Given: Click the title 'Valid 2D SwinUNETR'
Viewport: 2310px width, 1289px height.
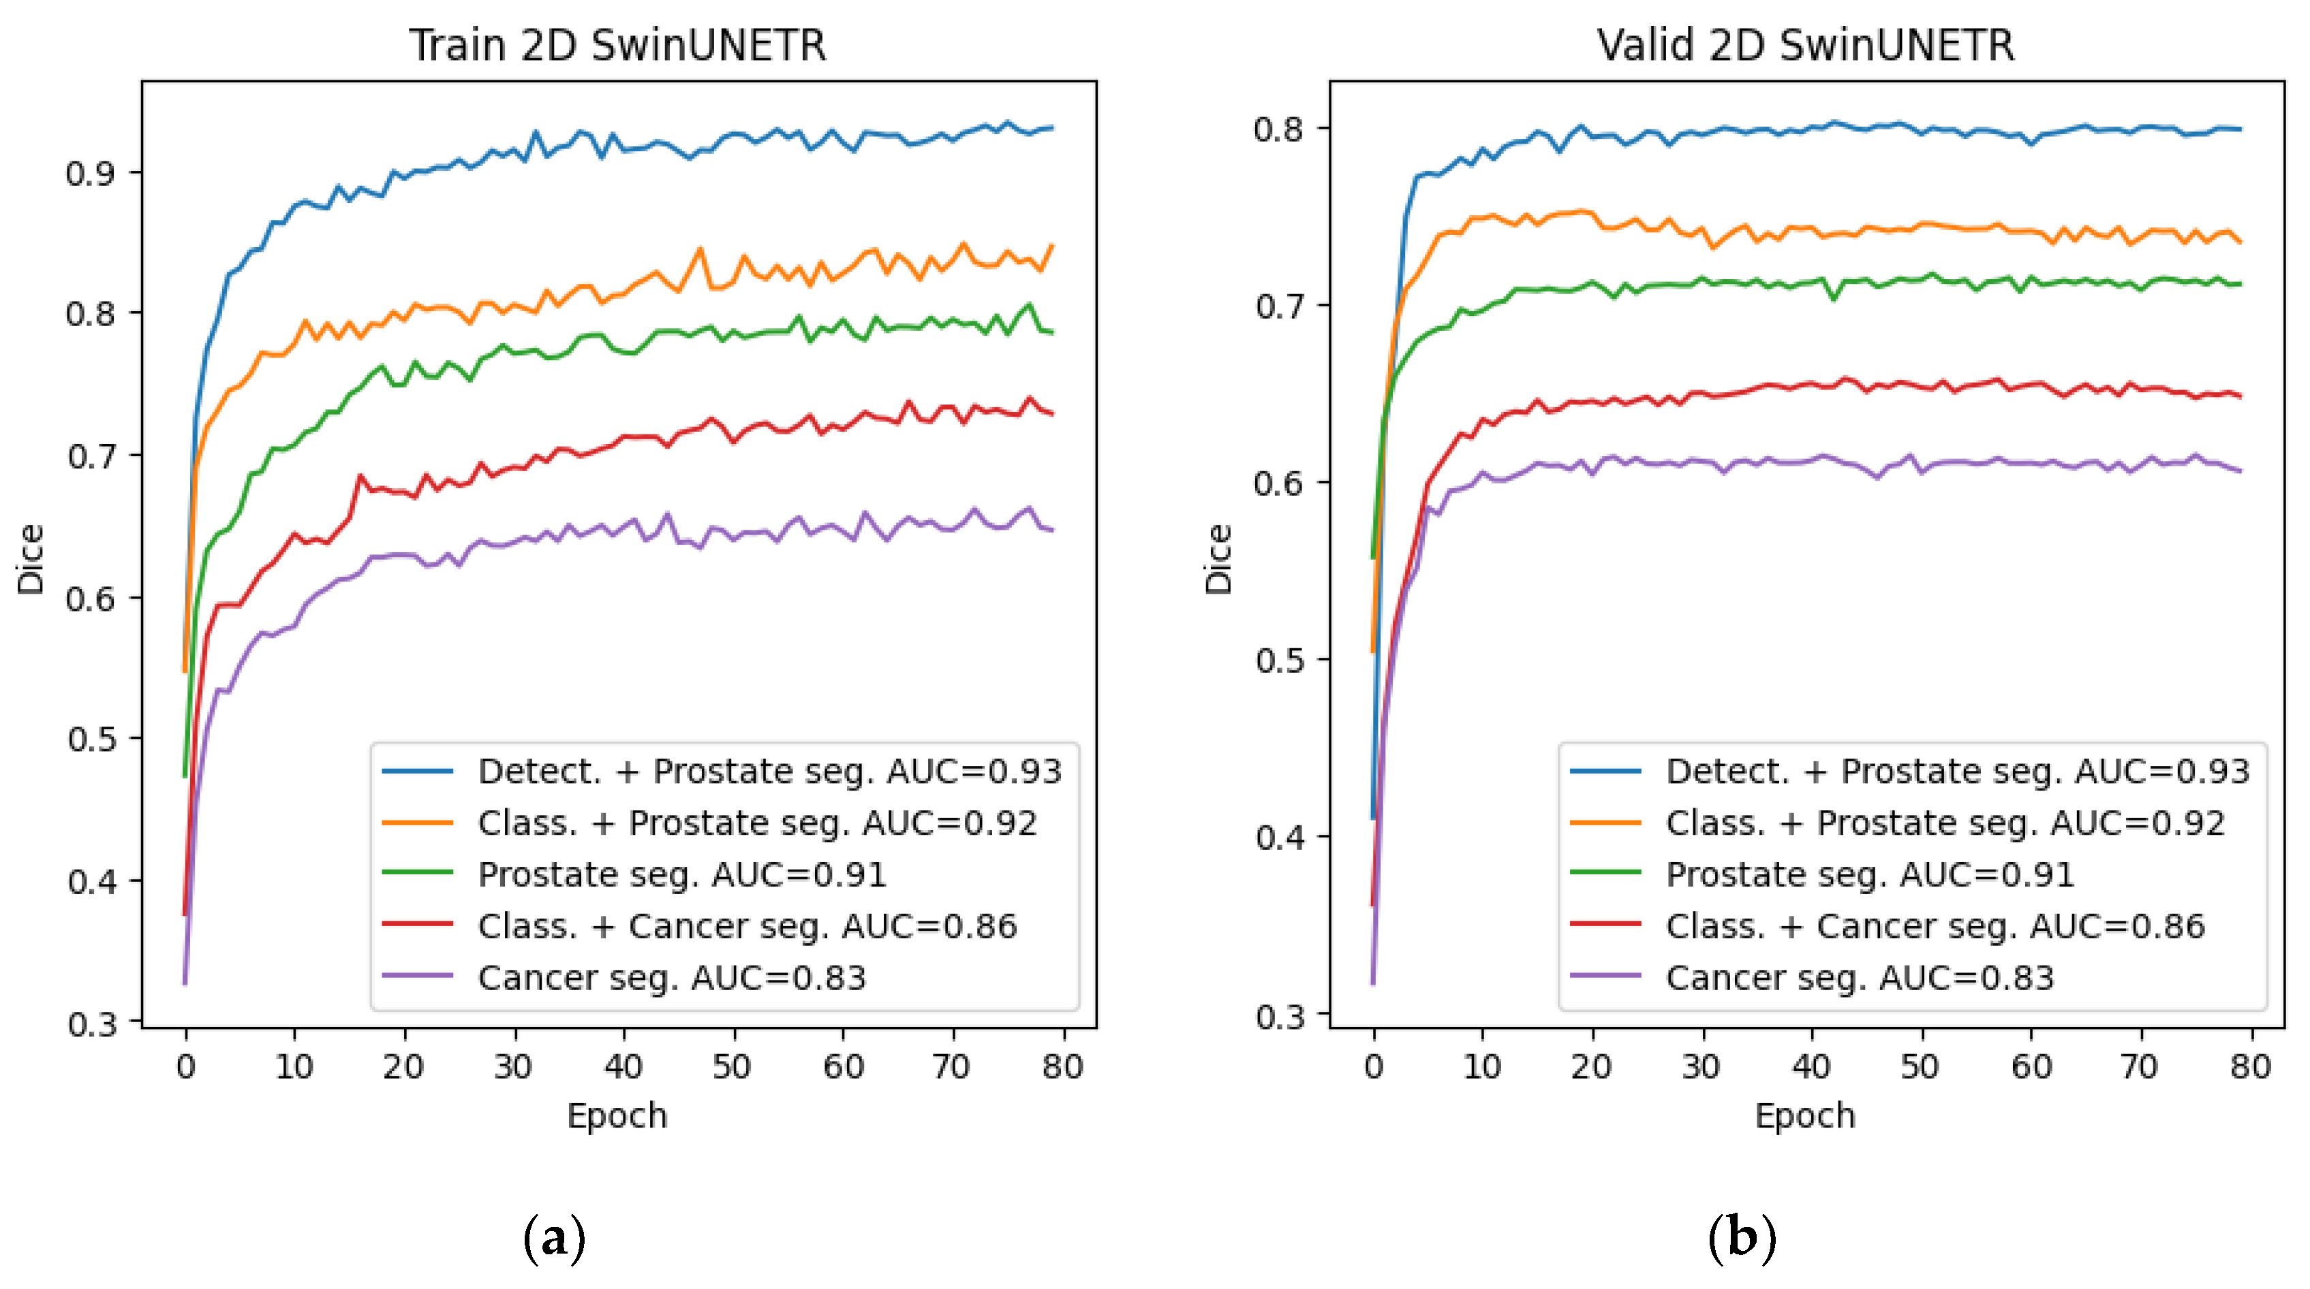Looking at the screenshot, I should point(1804,45).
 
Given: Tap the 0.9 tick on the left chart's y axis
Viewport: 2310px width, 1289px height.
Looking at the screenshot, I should point(91,173).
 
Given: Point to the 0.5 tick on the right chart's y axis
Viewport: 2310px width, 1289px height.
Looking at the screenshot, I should point(1279,661).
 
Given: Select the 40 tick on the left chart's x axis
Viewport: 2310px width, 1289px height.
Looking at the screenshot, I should point(623,1067).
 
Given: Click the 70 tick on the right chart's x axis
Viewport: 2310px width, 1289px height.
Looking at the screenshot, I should point(2139,1067).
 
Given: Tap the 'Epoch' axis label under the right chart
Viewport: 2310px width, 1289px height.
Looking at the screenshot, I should point(1804,1116).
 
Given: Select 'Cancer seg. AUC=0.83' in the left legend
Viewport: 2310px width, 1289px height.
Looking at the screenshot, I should point(672,978).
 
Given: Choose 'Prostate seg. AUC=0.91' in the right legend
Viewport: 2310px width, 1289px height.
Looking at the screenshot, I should point(1870,875).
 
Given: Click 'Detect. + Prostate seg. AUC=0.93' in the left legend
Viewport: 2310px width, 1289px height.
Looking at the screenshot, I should point(769,771).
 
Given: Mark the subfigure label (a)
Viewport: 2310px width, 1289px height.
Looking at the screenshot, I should point(554,1238).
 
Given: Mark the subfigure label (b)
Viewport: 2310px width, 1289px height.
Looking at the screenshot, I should point(1742,1238).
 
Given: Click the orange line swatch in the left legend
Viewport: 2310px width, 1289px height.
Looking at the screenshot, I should point(417,823).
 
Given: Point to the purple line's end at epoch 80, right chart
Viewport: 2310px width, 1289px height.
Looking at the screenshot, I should point(2239,471).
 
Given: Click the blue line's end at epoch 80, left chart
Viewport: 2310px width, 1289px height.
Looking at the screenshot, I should point(1052,128).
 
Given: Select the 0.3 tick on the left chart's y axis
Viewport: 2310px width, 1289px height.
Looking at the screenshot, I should point(91,1023).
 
